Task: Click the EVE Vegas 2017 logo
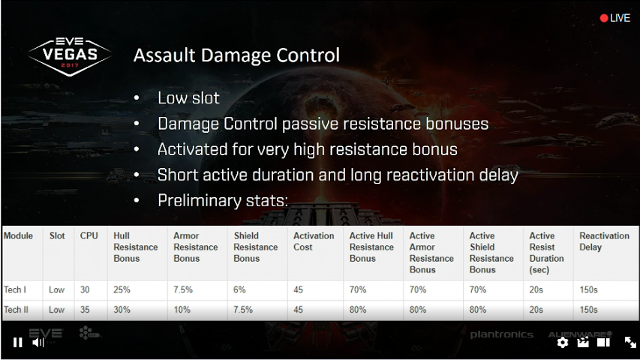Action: [69, 56]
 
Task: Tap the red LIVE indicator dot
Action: [604, 18]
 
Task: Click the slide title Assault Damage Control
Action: [236, 55]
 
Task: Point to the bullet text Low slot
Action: [188, 98]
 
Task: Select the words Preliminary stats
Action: [221, 201]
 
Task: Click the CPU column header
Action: [89, 236]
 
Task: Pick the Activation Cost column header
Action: [314, 241]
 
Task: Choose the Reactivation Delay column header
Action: [604, 241]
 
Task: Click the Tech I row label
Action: [15, 289]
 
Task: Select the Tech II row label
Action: [16, 310]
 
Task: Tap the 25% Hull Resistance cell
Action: [122, 289]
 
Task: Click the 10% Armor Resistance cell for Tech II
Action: [182, 310]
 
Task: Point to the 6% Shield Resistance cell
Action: [239, 289]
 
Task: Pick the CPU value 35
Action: [85, 310]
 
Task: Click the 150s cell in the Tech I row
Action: [588, 289]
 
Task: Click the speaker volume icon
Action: [38, 343]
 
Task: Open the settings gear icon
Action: [563, 343]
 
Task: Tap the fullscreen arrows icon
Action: [630, 343]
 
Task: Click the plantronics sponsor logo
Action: [502, 334]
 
